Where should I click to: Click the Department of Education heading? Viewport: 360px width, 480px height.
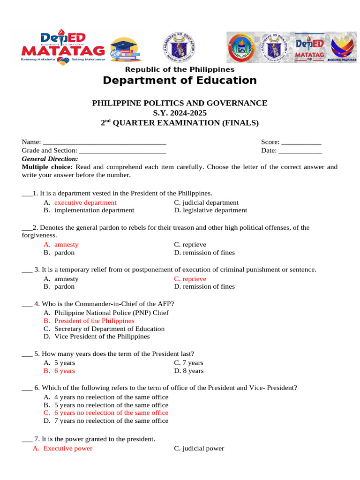pos(180,81)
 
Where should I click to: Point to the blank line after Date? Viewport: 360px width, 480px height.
pos(300,151)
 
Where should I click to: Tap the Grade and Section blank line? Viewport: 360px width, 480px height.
pos(123,151)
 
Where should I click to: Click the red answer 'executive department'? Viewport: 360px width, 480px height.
pos(85,202)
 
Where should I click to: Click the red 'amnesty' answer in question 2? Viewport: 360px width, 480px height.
pos(66,245)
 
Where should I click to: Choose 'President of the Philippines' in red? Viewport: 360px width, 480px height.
pos(94,321)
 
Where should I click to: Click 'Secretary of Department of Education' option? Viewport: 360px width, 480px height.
pos(109,329)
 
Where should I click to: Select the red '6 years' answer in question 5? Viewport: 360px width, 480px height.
pos(64,371)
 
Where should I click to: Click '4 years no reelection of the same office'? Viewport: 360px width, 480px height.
pos(111,397)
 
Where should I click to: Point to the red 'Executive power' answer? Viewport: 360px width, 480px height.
pos(67,449)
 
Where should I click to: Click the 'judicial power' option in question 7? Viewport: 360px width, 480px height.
pos(203,449)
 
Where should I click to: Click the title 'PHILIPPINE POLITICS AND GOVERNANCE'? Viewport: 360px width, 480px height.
pos(180,103)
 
